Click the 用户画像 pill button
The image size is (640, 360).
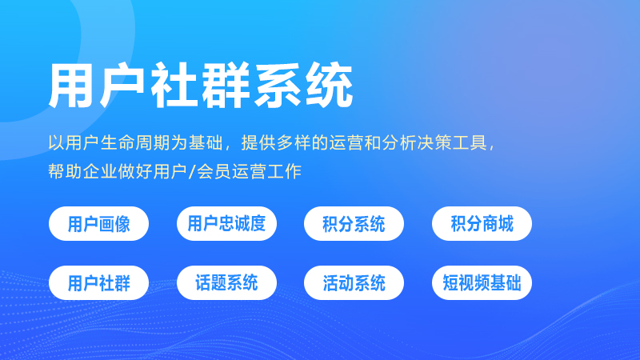(x=99, y=223)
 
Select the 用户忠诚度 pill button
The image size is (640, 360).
(x=226, y=223)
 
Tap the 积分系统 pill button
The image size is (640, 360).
(x=354, y=223)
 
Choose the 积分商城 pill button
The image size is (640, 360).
(x=482, y=223)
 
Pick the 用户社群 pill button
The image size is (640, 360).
(x=99, y=282)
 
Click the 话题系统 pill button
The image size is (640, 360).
(x=226, y=282)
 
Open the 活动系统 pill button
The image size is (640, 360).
(x=354, y=282)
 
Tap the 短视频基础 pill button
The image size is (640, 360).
(x=482, y=282)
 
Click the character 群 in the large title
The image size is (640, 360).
(x=226, y=86)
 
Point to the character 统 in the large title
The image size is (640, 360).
(x=328, y=86)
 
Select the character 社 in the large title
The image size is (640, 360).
(x=175, y=86)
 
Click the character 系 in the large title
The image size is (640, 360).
(x=278, y=86)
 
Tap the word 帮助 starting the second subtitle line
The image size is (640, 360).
(x=64, y=172)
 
